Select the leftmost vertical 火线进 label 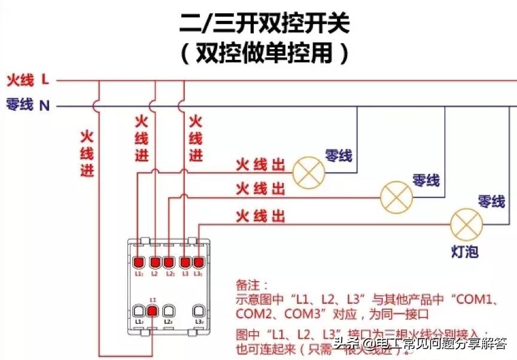[87, 153]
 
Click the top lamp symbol [308, 172]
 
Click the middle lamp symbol [397, 195]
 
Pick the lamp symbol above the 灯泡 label [466, 224]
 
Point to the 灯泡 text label [464, 252]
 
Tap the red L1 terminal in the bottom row [153, 310]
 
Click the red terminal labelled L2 [154, 263]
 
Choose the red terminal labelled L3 [185, 263]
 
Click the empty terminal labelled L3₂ [199, 311]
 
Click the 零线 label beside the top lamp [338, 156]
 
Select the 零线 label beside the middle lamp [426, 179]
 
